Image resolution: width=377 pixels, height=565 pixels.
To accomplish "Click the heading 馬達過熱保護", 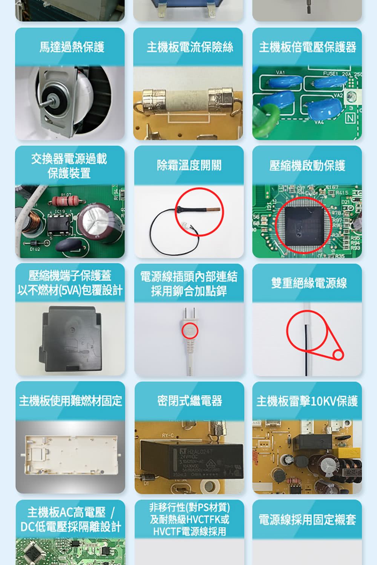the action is pos(72,47).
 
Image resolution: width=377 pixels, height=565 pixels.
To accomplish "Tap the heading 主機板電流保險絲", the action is pos(190,47).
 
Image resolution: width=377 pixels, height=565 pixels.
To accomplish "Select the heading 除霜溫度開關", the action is pos(189,165).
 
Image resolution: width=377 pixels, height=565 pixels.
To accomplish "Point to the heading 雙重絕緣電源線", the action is pos(309,283).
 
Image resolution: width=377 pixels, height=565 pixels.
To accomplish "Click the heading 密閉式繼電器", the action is pos(190,401).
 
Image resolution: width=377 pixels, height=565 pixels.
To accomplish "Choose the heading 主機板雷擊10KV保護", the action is pos(307,401).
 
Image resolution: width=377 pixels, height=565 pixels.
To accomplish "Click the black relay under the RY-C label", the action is pos(192,460).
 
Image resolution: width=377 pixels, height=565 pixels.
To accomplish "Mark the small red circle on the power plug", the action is pos(190,331).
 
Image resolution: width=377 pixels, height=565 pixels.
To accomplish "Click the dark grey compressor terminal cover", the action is pos(70,338).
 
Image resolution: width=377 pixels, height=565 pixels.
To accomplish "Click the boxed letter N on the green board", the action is pos(351,118).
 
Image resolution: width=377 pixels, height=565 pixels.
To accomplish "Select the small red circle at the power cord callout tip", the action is pos(338,354).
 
